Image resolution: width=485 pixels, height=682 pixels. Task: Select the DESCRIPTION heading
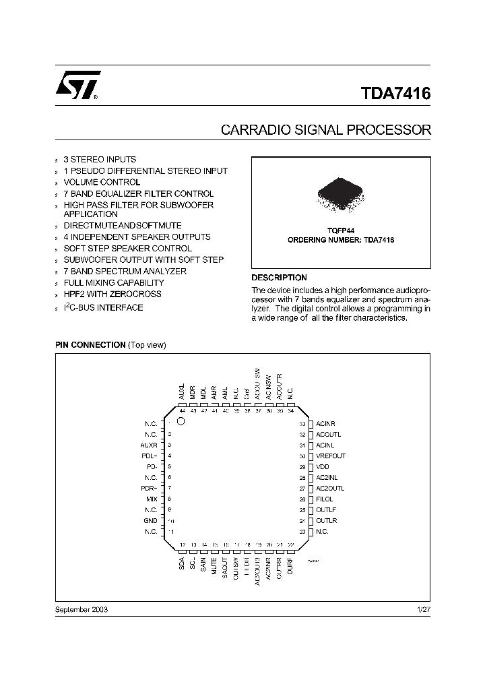[279, 278]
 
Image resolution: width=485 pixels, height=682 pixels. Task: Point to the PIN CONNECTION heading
[90, 345]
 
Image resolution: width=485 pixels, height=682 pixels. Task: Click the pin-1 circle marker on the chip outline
[181, 421]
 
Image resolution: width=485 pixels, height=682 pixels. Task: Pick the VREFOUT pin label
[331, 456]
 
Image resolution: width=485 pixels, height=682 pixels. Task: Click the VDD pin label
[323, 467]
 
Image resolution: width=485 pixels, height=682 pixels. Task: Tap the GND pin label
[150, 521]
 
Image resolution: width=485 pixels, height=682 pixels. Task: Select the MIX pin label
[152, 499]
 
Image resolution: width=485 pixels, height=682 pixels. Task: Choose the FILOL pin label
[325, 499]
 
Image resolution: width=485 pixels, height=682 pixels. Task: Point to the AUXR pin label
[149, 445]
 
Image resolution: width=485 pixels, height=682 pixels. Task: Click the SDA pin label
[182, 563]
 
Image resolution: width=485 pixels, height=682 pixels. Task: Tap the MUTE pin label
[214, 565]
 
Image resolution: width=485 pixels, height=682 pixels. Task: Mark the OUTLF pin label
[326, 510]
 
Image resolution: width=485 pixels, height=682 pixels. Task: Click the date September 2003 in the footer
[81, 609]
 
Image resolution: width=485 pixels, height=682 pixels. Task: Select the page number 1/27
[424, 609]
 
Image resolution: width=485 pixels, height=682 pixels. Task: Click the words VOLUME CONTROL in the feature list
[102, 182]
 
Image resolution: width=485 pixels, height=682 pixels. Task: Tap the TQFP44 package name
[341, 230]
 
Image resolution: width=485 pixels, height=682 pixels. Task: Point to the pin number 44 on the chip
[182, 410]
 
